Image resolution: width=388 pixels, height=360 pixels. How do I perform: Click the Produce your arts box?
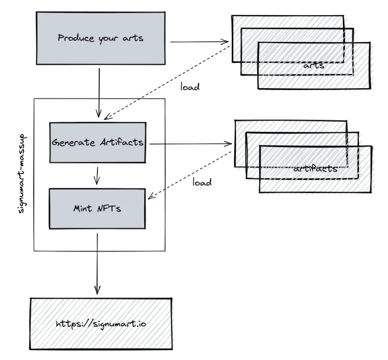(x=100, y=38)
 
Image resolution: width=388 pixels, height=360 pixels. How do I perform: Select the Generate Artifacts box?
(x=98, y=142)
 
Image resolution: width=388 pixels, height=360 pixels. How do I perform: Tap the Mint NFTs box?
(x=97, y=209)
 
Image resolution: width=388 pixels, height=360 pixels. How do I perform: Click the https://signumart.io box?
(x=101, y=324)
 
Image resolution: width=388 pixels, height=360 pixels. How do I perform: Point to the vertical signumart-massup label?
(x=22, y=174)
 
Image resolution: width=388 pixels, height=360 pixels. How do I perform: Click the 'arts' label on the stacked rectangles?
(x=314, y=66)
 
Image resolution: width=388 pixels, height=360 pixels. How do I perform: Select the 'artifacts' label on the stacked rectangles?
(x=315, y=169)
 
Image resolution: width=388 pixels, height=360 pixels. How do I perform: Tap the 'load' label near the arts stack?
(x=190, y=87)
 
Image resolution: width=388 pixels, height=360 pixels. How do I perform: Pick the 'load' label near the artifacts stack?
(x=202, y=182)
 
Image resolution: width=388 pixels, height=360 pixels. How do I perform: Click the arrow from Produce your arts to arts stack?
(x=199, y=42)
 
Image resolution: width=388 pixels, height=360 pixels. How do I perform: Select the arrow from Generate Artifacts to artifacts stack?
(x=191, y=143)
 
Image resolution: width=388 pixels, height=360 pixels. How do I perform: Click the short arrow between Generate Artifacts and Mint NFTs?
(x=97, y=176)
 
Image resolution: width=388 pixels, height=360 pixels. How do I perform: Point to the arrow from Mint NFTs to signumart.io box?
(x=97, y=264)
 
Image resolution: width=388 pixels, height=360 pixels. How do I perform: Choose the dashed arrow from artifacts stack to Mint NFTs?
(x=190, y=175)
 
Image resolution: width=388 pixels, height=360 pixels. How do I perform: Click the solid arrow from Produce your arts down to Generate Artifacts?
(x=99, y=93)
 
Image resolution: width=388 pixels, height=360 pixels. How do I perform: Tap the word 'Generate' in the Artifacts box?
(x=73, y=142)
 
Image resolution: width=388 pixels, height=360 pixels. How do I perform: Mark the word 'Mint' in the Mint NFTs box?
(x=83, y=208)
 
